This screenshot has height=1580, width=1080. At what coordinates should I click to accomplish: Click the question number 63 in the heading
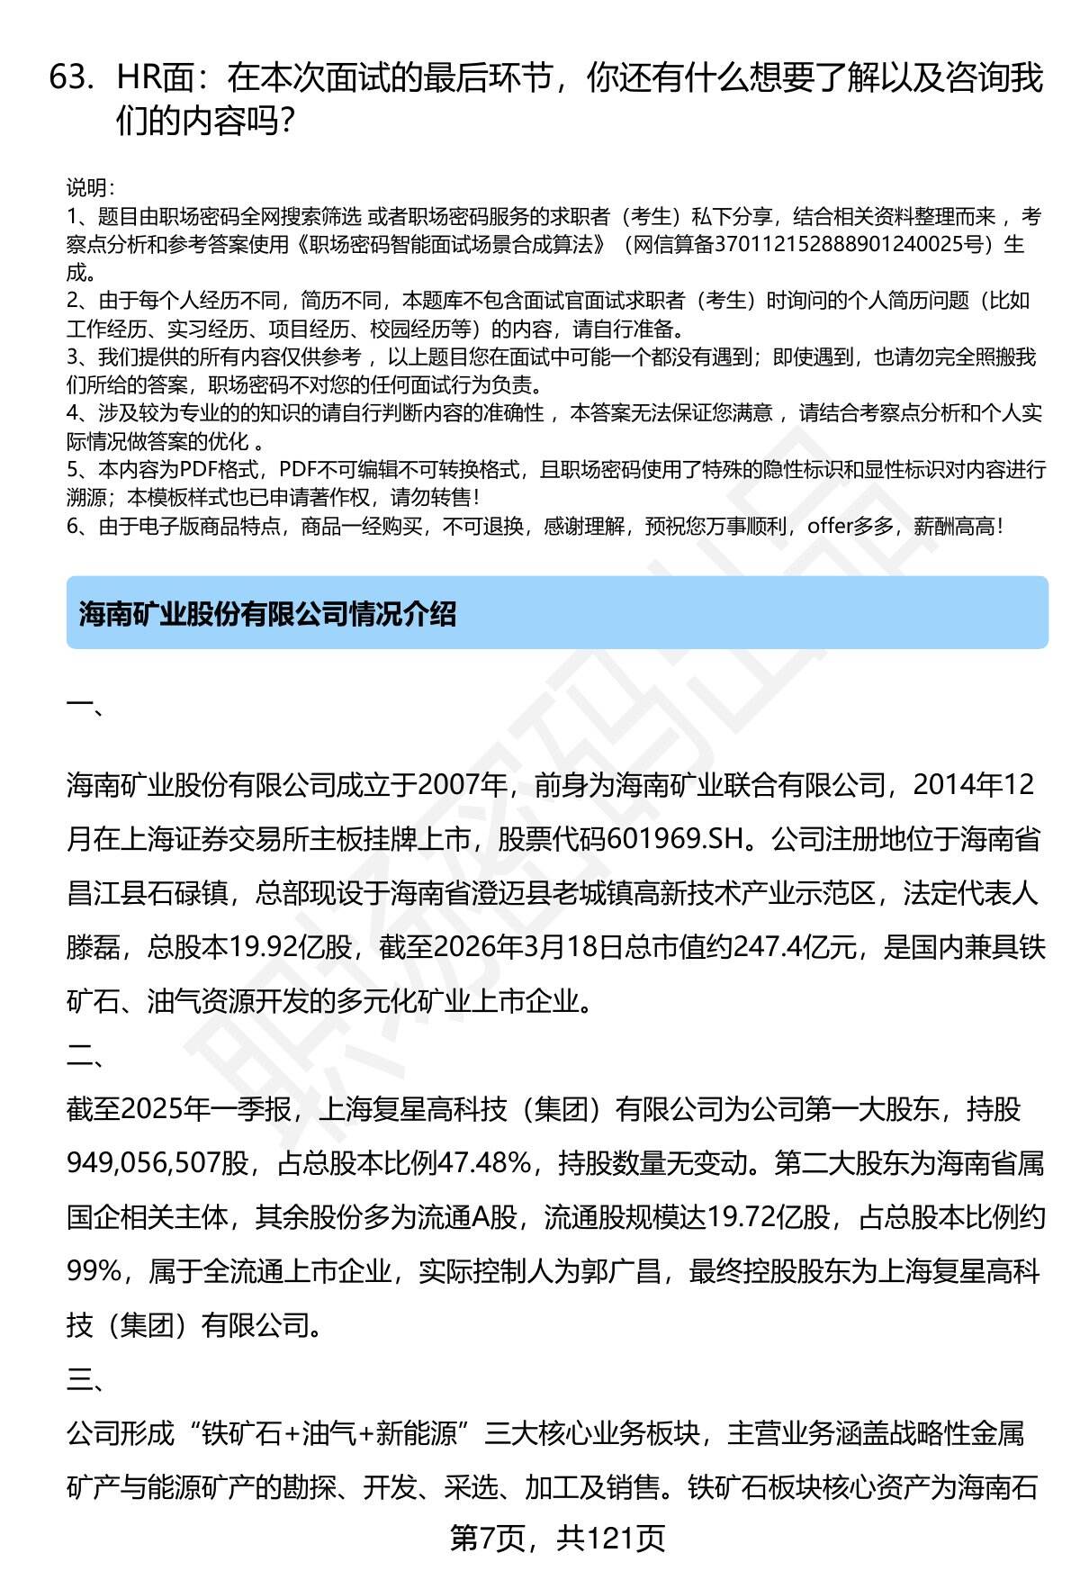point(71,79)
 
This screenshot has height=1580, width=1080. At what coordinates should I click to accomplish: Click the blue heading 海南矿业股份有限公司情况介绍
point(267,614)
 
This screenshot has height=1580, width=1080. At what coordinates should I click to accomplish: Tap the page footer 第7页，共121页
point(557,1538)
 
